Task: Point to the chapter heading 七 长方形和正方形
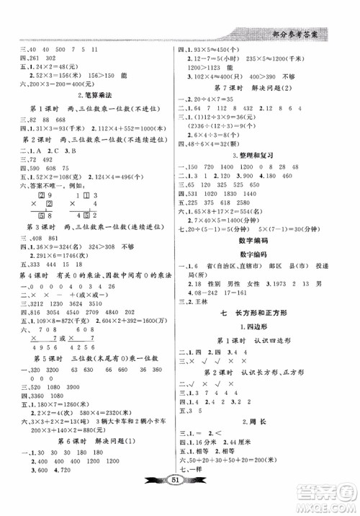[x=266, y=315]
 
